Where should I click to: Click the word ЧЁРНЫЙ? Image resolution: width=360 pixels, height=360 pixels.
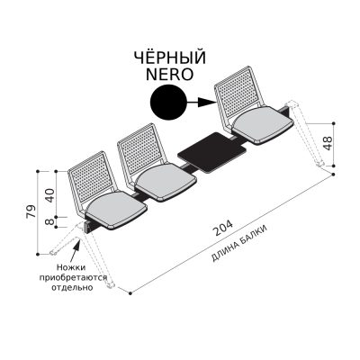[170, 57]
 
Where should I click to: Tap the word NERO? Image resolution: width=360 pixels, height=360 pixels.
[170, 74]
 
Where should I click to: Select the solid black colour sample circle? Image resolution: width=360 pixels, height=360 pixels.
[168, 103]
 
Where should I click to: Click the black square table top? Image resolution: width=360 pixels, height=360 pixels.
[211, 153]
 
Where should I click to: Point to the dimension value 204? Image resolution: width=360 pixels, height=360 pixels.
[222, 228]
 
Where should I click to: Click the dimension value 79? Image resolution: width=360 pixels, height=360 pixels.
[31, 211]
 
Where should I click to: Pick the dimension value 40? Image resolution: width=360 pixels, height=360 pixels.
[49, 195]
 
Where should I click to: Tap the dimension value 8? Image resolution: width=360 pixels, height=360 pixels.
[50, 221]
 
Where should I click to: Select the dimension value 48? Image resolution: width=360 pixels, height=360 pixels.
[328, 143]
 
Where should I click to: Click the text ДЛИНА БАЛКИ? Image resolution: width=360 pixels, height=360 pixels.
[239, 243]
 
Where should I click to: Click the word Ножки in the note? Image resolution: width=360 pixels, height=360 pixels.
[71, 267]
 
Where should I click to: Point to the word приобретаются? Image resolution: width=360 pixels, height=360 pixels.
[74, 277]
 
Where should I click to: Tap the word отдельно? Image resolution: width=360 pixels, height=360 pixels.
[72, 287]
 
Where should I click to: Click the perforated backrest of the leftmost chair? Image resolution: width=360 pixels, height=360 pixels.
[91, 178]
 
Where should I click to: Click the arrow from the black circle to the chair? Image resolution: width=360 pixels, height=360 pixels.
[201, 103]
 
